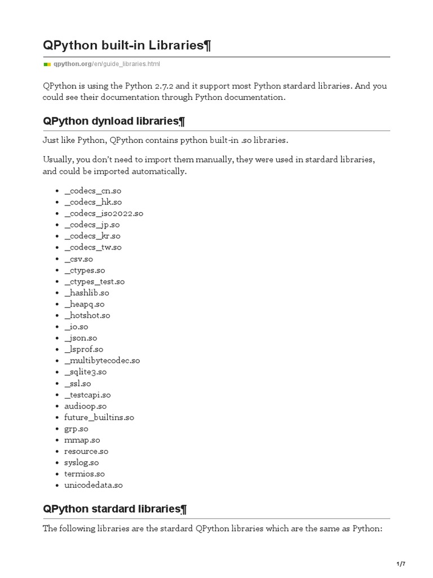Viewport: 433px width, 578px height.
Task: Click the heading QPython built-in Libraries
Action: click(x=127, y=45)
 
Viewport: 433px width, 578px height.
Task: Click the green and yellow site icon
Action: click(x=47, y=64)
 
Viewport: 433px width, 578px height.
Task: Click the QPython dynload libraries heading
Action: click(x=114, y=121)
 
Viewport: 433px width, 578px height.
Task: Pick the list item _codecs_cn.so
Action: click(x=92, y=191)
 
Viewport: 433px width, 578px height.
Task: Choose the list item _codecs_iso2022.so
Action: click(x=104, y=213)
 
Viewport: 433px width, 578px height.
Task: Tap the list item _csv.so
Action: click(x=78, y=259)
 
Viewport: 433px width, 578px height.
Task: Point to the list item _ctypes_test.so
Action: click(x=94, y=281)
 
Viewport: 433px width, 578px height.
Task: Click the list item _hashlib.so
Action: click(x=87, y=292)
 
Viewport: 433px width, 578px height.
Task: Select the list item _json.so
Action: click(x=81, y=338)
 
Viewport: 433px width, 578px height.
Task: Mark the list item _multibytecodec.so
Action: click(x=102, y=360)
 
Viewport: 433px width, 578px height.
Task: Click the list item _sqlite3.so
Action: click(x=85, y=371)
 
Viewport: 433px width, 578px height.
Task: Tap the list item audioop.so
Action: click(x=85, y=406)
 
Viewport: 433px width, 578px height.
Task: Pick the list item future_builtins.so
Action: click(x=99, y=417)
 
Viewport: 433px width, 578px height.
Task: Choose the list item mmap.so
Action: click(x=82, y=440)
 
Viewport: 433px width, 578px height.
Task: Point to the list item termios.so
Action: click(x=85, y=474)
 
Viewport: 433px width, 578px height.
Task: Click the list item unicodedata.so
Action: click(x=93, y=485)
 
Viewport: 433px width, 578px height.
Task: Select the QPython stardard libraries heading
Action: click(x=114, y=509)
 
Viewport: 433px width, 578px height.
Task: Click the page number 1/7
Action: click(x=401, y=564)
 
